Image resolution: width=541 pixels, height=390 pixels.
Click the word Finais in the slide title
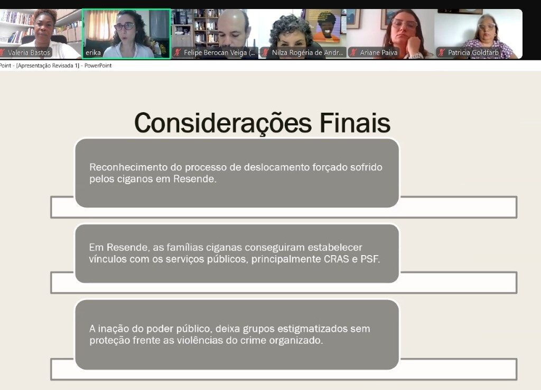click(x=355, y=123)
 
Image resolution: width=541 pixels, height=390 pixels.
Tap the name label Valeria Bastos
click(x=29, y=52)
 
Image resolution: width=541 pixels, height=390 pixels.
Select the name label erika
click(x=93, y=52)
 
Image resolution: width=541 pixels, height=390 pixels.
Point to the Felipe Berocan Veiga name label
click(x=219, y=52)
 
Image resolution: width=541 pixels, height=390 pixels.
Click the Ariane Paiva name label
click(x=378, y=52)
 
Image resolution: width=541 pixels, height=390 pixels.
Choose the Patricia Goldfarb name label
click(x=473, y=52)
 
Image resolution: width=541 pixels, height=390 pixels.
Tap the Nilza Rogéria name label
click(x=307, y=52)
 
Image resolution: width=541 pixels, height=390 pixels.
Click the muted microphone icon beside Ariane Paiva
click(x=353, y=52)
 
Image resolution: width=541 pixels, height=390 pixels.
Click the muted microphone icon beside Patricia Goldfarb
click(x=441, y=52)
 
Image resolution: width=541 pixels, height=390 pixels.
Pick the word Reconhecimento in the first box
click(x=128, y=167)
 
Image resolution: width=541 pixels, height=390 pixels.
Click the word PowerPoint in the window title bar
click(x=98, y=66)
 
